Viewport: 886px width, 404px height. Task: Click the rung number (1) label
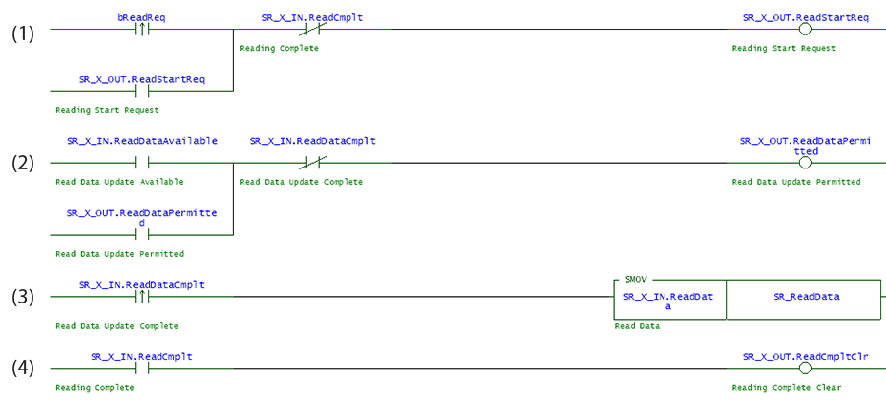[23, 34]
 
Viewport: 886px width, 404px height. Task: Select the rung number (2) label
[23, 163]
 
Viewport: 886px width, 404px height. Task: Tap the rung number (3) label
[23, 298]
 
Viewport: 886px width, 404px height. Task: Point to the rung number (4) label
[23, 369]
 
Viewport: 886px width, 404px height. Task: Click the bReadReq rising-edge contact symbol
[141, 29]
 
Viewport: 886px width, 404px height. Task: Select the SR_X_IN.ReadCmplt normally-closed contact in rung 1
[312, 29]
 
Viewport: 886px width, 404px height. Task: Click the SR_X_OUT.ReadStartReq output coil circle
[804, 29]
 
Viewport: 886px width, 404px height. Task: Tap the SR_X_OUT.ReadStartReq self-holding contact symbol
[141, 91]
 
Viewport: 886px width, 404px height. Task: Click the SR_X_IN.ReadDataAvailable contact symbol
[141, 163]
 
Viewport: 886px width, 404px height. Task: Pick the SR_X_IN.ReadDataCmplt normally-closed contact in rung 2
[312, 163]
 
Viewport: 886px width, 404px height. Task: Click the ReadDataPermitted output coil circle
[804, 163]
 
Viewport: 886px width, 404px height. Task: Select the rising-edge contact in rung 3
[141, 298]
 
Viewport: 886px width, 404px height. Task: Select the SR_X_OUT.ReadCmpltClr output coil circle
[804, 369]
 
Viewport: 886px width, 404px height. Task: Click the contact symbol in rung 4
[141, 369]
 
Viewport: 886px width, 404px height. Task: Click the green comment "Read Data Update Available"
[119, 182]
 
